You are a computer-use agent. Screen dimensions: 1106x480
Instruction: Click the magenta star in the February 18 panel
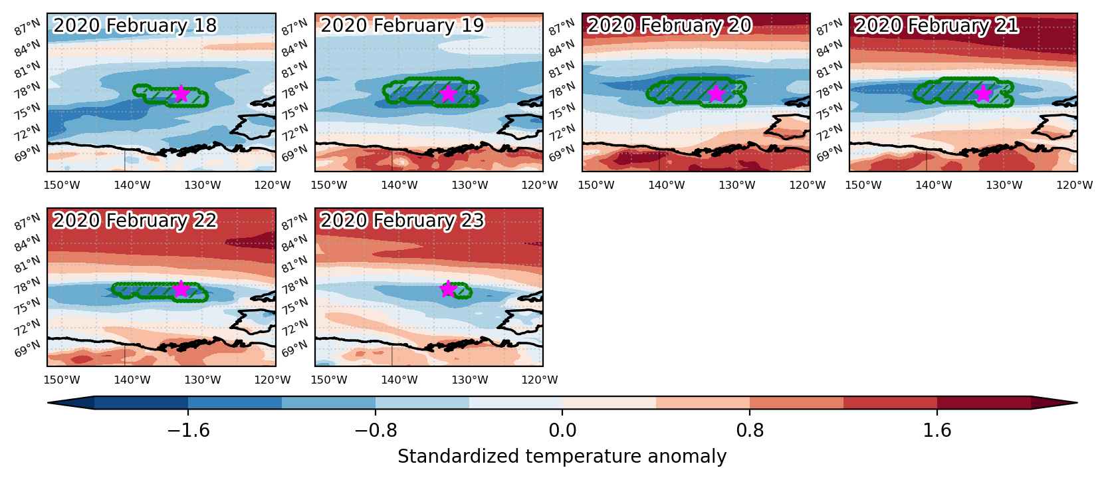point(181,93)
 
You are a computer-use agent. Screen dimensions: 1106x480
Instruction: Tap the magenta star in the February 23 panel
point(448,289)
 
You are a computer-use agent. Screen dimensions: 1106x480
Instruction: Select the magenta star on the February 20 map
point(716,93)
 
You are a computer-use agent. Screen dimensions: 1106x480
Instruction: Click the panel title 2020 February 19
point(402,25)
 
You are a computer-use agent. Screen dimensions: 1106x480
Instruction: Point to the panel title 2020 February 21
point(936,25)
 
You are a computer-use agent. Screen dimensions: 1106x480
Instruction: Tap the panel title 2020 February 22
point(135,220)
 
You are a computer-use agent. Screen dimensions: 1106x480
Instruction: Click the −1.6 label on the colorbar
point(188,431)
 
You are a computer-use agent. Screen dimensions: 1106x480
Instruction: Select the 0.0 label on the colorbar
point(562,431)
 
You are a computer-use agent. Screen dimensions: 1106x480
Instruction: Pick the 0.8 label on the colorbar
point(750,431)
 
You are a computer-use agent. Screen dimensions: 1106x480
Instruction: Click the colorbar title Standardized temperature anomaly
point(562,456)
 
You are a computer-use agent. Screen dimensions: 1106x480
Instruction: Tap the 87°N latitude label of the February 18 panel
point(27,28)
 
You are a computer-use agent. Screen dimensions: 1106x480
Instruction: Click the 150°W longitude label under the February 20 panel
point(596,185)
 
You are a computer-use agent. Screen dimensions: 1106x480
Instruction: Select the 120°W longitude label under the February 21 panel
point(1074,185)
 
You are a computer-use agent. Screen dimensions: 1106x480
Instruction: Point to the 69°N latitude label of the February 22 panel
point(27,348)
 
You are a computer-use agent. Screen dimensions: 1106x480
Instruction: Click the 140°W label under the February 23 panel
point(399,380)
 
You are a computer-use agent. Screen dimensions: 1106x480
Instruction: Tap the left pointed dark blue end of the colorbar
point(70,402)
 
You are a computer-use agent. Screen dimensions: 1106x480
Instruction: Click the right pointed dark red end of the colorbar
point(1054,402)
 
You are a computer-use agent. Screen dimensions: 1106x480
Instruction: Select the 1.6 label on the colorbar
point(937,431)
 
